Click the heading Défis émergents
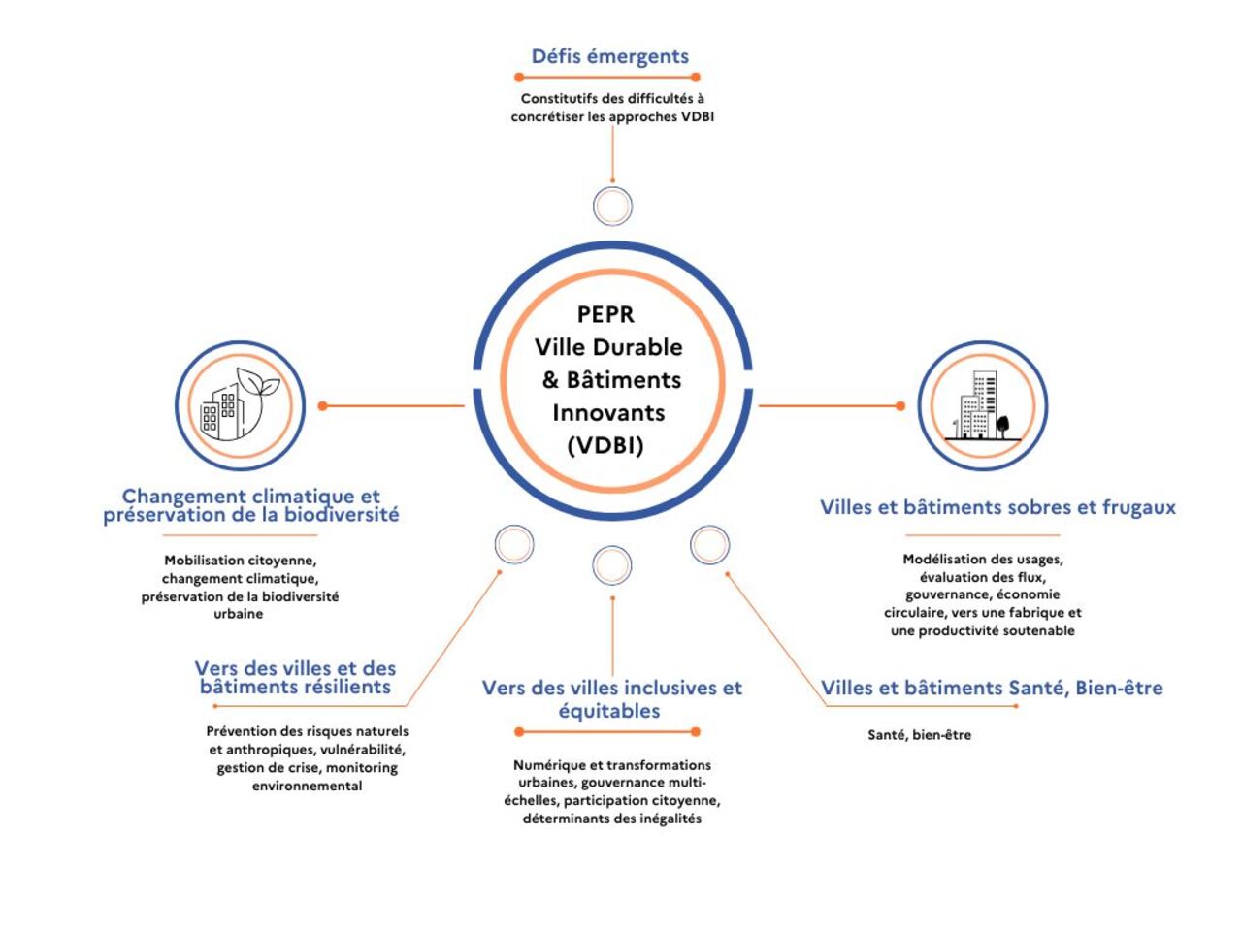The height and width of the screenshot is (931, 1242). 609,56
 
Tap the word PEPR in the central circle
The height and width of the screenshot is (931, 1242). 605,314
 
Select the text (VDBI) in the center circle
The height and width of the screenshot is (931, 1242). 605,445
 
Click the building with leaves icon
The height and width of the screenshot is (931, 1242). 240,405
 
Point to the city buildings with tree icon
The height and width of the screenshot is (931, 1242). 982,405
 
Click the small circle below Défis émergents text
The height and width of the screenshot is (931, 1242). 612,207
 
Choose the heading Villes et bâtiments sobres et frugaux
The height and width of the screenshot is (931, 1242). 997,507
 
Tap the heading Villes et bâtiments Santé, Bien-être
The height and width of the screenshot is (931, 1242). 992,688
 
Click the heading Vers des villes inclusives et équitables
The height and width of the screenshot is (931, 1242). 611,698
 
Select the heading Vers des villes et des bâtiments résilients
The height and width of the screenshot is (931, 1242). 295,677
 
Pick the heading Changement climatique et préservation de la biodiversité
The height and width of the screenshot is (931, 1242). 251,505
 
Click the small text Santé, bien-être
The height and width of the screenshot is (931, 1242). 919,735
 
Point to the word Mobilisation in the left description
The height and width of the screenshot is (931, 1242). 204,561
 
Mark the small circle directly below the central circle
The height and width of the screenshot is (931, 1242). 611,565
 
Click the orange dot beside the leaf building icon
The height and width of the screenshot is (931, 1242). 323,406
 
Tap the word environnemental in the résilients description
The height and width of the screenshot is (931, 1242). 307,786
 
